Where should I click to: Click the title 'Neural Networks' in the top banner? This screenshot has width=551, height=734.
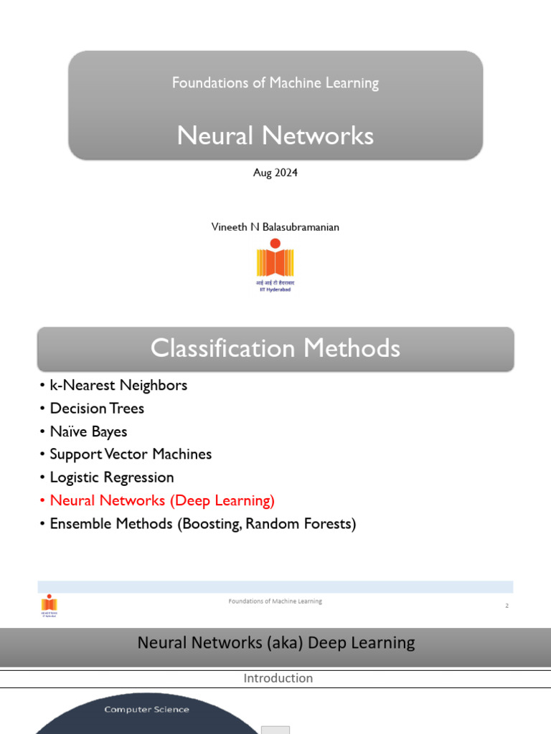click(275, 135)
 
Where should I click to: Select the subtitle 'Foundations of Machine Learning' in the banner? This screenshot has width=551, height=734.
click(275, 83)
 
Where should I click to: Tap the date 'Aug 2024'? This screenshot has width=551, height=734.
click(275, 173)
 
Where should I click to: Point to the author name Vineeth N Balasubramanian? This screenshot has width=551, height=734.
click(275, 227)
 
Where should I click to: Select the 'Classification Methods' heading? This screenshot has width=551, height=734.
click(275, 348)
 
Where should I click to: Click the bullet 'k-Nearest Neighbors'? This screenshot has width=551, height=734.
click(118, 386)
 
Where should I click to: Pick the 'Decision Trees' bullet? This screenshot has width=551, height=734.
click(97, 409)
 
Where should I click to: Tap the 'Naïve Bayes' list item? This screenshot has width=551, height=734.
click(88, 432)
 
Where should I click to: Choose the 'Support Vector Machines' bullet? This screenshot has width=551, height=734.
click(131, 454)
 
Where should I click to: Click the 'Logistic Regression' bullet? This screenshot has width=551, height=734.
click(112, 477)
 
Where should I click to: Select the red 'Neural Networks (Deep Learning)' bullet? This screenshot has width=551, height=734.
click(162, 500)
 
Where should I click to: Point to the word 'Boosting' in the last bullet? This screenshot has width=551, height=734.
click(212, 524)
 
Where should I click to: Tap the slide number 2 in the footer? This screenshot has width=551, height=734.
click(507, 606)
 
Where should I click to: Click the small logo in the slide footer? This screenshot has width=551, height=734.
click(49, 606)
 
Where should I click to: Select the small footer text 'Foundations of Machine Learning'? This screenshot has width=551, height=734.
click(275, 601)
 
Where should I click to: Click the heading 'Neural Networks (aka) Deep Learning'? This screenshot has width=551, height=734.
click(275, 643)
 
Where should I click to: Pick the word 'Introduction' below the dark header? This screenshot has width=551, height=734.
click(278, 678)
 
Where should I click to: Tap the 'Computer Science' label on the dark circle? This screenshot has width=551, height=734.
click(147, 710)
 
